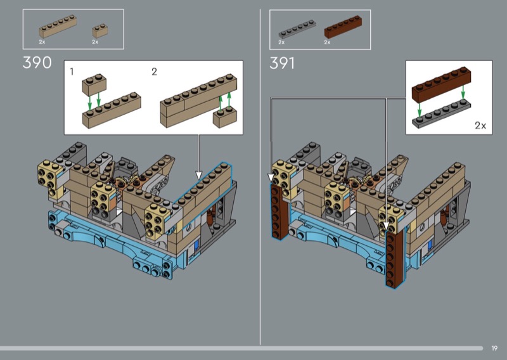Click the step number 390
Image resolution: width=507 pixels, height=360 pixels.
(x=37, y=62)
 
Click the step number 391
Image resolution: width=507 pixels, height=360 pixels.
(x=282, y=63)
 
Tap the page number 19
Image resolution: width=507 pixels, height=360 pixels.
(x=494, y=348)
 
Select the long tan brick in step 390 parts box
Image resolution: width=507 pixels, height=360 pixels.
(x=58, y=26)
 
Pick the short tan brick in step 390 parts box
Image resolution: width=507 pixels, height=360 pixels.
(x=100, y=30)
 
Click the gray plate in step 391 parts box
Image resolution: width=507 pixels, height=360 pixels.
(x=297, y=29)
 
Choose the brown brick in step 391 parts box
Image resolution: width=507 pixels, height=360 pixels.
(x=343, y=27)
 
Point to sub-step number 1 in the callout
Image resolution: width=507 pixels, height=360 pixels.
(x=72, y=72)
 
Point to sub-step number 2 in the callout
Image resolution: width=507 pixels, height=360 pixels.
(x=154, y=72)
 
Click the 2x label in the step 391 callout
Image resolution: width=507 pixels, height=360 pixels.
(x=480, y=125)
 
